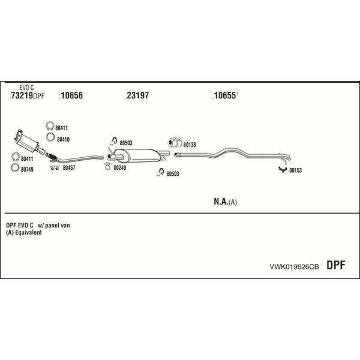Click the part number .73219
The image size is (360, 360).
(21, 95)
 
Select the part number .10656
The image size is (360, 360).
(71, 95)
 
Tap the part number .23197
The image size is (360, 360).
(137, 95)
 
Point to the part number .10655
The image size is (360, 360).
(224, 95)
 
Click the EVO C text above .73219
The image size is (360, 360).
(26, 88)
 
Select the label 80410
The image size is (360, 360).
(63, 139)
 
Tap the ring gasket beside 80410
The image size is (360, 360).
(50, 137)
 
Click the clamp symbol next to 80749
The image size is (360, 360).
(15, 167)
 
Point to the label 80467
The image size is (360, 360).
(69, 168)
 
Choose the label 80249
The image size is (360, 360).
(120, 168)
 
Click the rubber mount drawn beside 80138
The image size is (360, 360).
(175, 142)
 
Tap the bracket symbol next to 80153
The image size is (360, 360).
(283, 169)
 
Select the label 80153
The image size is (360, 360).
(295, 170)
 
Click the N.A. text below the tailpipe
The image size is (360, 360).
(221, 202)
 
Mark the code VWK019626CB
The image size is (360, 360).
(294, 266)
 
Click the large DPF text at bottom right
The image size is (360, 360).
(335, 265)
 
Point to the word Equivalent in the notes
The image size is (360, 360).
(28, 233)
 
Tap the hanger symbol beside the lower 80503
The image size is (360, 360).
(160, 172)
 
